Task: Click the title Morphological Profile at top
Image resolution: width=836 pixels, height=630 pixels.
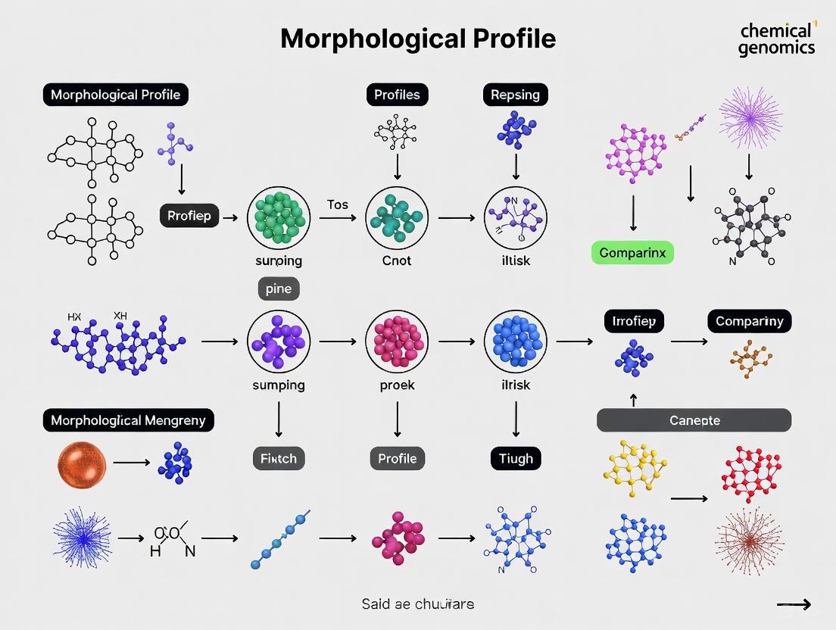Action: pos(418,39)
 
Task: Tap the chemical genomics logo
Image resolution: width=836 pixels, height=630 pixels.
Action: pos(777,39)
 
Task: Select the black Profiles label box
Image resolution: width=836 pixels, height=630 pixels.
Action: pos(397,95)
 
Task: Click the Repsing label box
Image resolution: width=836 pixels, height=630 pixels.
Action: pos(515,95)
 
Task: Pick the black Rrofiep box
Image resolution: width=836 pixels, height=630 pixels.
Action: pos(190,216)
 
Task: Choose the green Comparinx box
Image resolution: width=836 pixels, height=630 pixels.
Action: pos(632,253)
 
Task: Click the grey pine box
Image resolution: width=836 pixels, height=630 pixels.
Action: pos(279,288)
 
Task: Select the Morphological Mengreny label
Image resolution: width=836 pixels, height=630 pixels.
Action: pos(128,420)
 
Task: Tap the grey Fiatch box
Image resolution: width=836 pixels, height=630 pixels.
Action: pos(279,458)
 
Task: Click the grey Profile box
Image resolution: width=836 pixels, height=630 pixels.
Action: pos(397,458)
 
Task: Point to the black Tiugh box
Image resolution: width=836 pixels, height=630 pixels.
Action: pos(516,458)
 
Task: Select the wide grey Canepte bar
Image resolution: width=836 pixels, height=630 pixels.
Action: pos(694,420)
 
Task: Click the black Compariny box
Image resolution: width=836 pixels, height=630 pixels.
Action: pos(749,321)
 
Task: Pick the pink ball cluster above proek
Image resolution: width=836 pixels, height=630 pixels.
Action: pos(397,342)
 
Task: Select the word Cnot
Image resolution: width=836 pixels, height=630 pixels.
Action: pos(397,260)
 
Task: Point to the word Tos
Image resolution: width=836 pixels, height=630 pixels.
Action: pos(337,204)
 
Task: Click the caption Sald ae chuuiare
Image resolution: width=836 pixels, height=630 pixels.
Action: pos(417,603)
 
